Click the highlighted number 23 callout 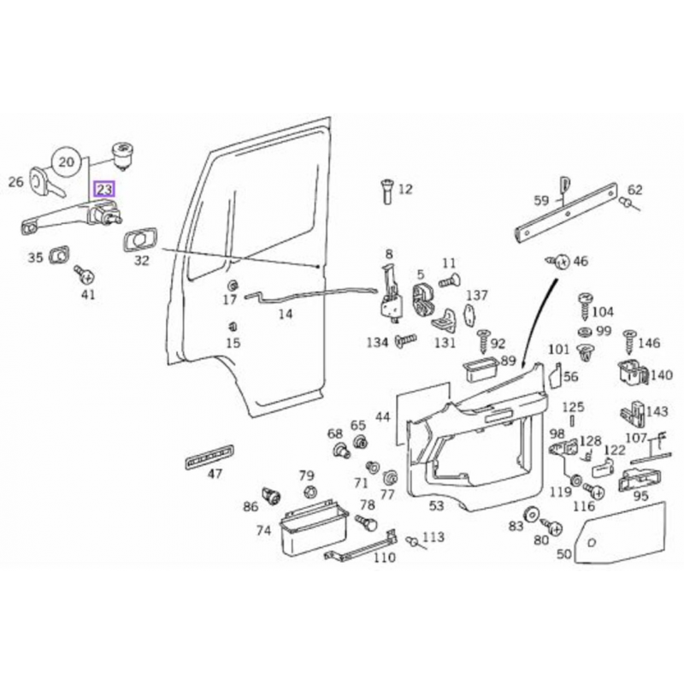click(103, 189)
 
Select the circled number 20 click(68, 161)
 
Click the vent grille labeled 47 click(208, 457)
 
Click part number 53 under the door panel click(436, 506)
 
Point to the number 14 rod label click(286, 314)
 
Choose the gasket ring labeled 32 click(138, 241)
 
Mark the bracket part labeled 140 click(629, 374)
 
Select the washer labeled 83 click(531, 515)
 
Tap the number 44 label click(382, 416)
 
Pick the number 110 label click(385, 557)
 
